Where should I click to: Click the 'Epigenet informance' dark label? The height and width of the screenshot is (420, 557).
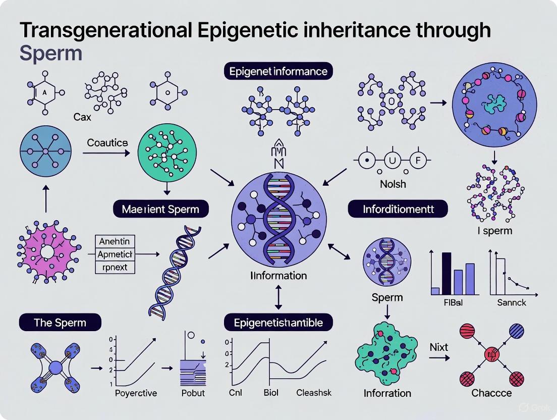click(278, 71)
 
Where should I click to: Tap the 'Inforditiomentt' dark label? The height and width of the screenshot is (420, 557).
click(398, 208)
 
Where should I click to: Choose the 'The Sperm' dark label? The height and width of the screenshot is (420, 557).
click(60, 322)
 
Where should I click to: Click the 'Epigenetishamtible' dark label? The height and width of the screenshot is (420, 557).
click(278, 322)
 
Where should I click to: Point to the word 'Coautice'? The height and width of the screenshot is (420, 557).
click(107, 143)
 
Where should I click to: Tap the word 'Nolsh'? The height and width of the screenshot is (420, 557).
click(393, 184)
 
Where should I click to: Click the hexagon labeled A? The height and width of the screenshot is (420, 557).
click(44, 92)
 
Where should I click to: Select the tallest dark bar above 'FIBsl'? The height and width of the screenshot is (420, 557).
click(445, 273)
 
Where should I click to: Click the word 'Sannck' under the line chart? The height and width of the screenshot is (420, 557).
click(512, 302)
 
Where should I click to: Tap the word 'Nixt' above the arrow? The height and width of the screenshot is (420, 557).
click(439, 347)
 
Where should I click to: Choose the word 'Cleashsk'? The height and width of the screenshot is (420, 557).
click(314, 392)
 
